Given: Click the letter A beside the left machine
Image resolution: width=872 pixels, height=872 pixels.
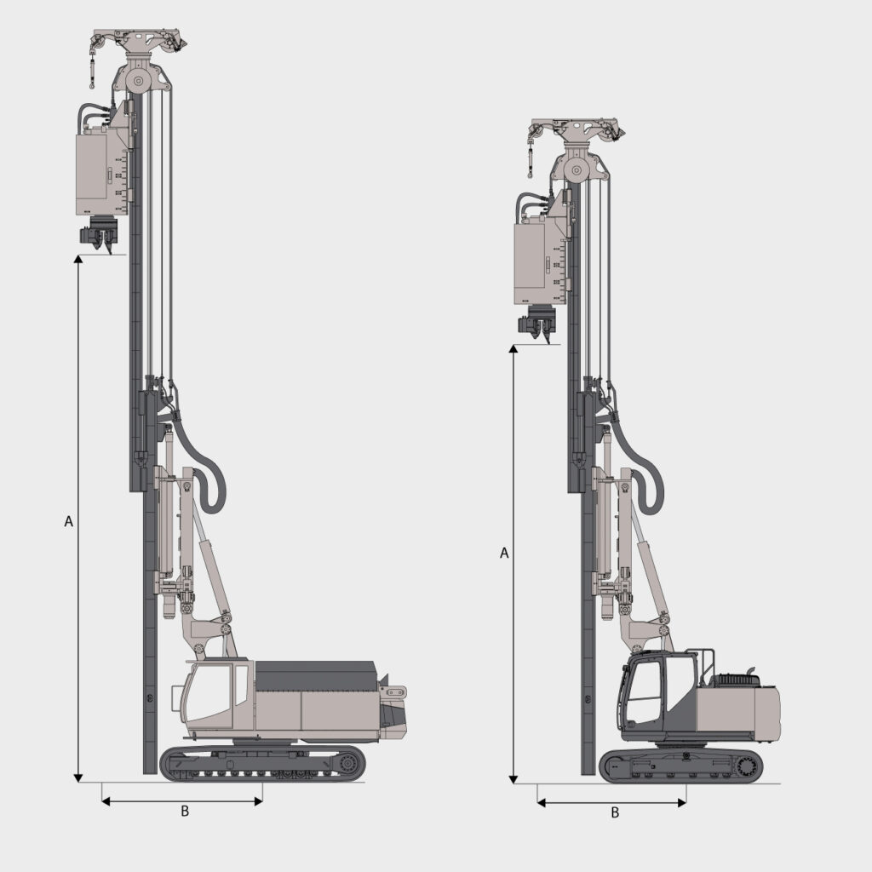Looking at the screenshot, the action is pyautogui.click(x=69, y=521).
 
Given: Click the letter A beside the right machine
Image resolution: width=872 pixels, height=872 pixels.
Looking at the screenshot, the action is pyautogui.click(x=504, y=553).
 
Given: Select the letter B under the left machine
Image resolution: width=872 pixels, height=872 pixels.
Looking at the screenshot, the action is pyautogui.click(x=185, y=812).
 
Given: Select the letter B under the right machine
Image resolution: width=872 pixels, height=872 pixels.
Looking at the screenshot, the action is pyautogui.click(x=615, y=812).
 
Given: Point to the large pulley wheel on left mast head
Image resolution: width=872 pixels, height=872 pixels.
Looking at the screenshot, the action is pyautogui.click(x=138, y=82).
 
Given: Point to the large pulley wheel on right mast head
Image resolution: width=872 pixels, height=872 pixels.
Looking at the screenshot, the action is pyautogui.click(x=577, y=170).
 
